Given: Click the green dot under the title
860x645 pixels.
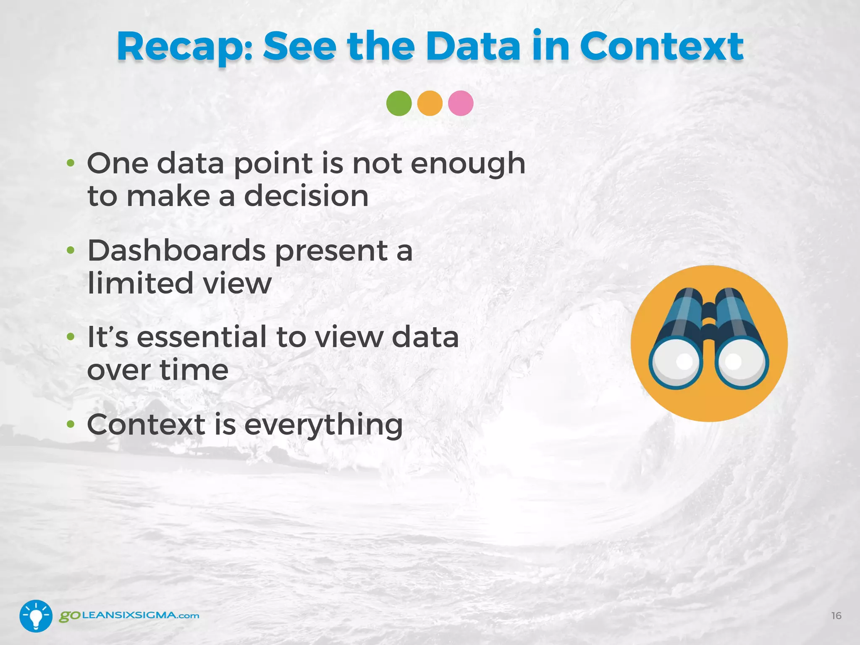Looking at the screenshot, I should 399,103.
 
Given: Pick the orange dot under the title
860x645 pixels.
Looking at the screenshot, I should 430,103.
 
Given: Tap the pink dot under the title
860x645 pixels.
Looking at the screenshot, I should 461,103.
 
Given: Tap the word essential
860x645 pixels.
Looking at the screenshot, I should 202,337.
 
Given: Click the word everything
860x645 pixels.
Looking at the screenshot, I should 323,425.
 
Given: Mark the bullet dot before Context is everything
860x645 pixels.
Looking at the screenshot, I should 71,424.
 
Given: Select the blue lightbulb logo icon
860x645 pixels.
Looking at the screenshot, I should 36,616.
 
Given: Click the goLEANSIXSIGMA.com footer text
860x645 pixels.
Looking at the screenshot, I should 129,616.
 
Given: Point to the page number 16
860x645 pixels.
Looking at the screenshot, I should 836,616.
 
